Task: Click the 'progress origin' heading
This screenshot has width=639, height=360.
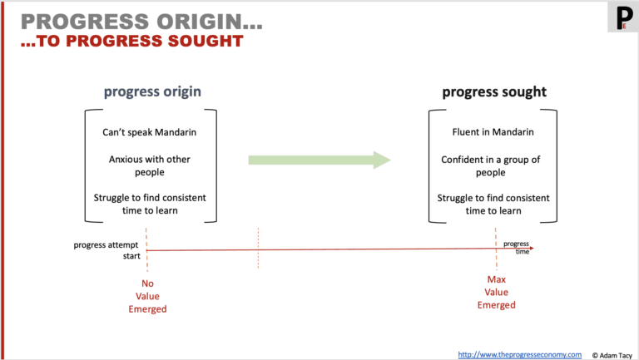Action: pyautogui.click(x=151, y=91)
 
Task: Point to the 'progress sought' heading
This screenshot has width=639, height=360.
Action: pyautogui.click(x=494, y=91)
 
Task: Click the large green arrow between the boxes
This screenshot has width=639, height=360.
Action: pyautogui.click(x=319, y=160)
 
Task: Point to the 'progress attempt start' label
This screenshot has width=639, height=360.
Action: pyautogui.click(x=107, y=249)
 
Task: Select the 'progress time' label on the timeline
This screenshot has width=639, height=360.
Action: pyautogui.click(x=516, y=246)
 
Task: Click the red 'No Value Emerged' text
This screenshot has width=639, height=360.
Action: pyautogui.click(x=147, y=296)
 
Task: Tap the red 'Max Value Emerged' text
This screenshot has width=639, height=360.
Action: pyautogui.click(x=496, y=292)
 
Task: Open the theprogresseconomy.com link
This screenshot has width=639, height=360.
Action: pyautogui.click(x=520, y=354)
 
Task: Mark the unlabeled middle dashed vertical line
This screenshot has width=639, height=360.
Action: pyautogui.click(x=259, y=248)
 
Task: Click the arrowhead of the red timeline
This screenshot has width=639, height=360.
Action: pyautogui.click(x=530, y=248)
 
